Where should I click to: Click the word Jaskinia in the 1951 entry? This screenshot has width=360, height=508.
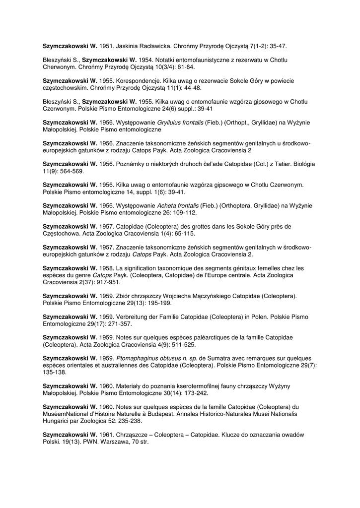coord(128,46)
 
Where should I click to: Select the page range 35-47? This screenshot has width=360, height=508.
coord(277,46)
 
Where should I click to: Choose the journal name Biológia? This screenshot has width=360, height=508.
coord(303,164)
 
